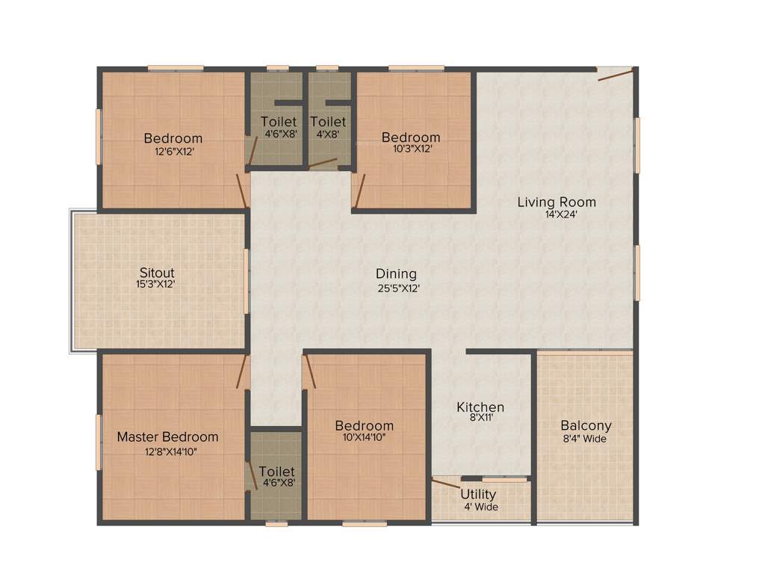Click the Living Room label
[x=557, y=202]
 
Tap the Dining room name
[x=396, y=274]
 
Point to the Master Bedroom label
[x=167, y=436]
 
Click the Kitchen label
[x=480, y=407]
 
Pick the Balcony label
[x=586, y=425]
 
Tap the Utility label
[x=478, y=495]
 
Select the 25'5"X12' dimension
[x=397, y=288]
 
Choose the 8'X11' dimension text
[x=480, y=419]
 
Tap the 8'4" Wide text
[x=586, y=439]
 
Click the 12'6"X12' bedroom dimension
[x=174, y=151]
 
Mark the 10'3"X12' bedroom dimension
[x=411, y=149]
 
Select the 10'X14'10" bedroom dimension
[x=364, y=438]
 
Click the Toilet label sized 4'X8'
[x=328, y=122]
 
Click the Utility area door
[x=447, y=484]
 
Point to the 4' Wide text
[x=480, y=507]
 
